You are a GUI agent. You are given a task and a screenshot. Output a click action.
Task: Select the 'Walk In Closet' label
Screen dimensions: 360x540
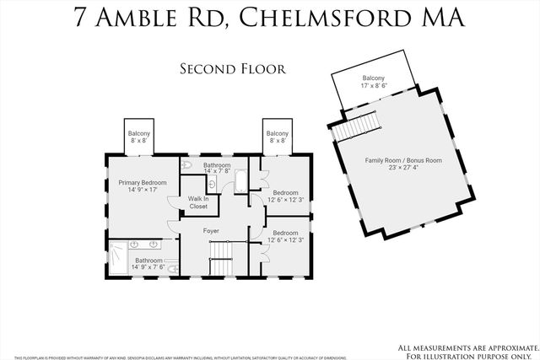[x=197, y=202]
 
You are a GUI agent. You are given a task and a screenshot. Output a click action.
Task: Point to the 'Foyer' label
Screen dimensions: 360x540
[x=211, y=230]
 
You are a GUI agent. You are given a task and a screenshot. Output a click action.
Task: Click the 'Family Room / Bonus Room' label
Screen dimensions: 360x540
[x=403, y=159]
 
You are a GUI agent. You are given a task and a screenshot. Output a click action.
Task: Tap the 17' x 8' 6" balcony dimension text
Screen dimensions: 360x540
[x=373, y=85]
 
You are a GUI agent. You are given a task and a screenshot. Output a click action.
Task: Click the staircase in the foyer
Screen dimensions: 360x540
[x=220, y=255]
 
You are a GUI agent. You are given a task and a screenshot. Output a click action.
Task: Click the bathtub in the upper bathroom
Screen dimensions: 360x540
[x=240, y=180]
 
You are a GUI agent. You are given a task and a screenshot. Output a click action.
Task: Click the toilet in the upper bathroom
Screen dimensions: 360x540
[x=188, y=166]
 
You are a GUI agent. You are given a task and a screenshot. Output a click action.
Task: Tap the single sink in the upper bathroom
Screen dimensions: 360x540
[x=212, y=181]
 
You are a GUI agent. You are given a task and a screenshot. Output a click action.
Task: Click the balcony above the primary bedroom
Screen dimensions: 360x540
[x=138, y=137]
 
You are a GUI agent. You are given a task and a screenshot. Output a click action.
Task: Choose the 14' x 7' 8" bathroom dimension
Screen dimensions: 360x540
[x=217, y=171]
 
